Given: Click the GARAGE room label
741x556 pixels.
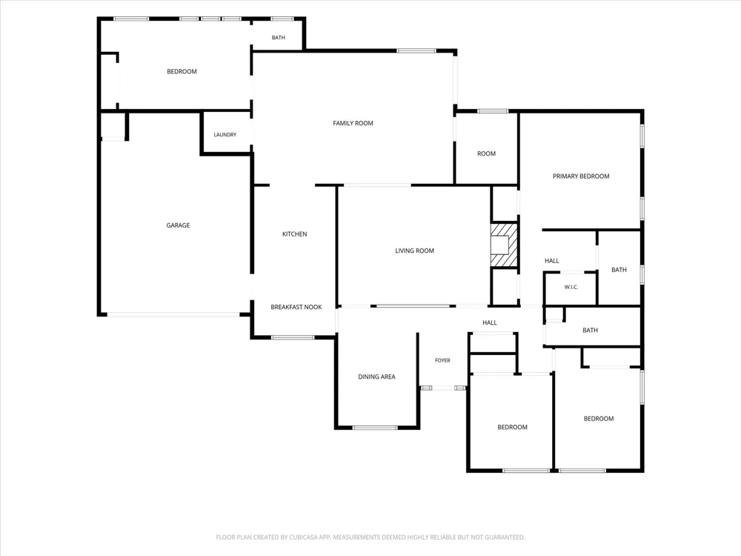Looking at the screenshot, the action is click(178, 225).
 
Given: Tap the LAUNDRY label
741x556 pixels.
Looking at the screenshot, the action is click(225, 135).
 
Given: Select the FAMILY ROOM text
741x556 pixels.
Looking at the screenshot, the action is click(353, 123).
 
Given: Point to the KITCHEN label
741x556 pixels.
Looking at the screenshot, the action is click(294, 234).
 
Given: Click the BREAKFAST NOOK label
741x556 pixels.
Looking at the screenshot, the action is click(296, 308).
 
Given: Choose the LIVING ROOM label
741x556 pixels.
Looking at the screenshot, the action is click(414, 251).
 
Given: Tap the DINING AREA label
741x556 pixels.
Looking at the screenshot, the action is click(376, 377).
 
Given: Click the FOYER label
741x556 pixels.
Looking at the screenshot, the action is click(443, 361).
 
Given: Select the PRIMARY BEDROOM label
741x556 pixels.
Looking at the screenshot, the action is click(581, 176).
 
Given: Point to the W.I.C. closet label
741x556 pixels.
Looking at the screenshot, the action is click(571, 288).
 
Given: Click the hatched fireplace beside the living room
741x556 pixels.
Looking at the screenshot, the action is click(504, 245).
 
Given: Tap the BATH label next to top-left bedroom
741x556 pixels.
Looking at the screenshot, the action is click(279, 38).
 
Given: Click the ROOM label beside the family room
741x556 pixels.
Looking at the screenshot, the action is click(486, 153).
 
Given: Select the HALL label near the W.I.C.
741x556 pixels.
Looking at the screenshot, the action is click(552, 261).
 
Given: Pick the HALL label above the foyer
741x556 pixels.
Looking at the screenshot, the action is click(490, 323).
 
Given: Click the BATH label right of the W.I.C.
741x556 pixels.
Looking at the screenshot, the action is click(619, 270).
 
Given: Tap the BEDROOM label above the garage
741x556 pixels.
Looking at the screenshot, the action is click(182, 72).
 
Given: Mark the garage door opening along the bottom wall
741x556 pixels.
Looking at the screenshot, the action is click(173, 314).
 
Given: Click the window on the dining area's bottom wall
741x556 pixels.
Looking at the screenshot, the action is click(375, 428).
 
